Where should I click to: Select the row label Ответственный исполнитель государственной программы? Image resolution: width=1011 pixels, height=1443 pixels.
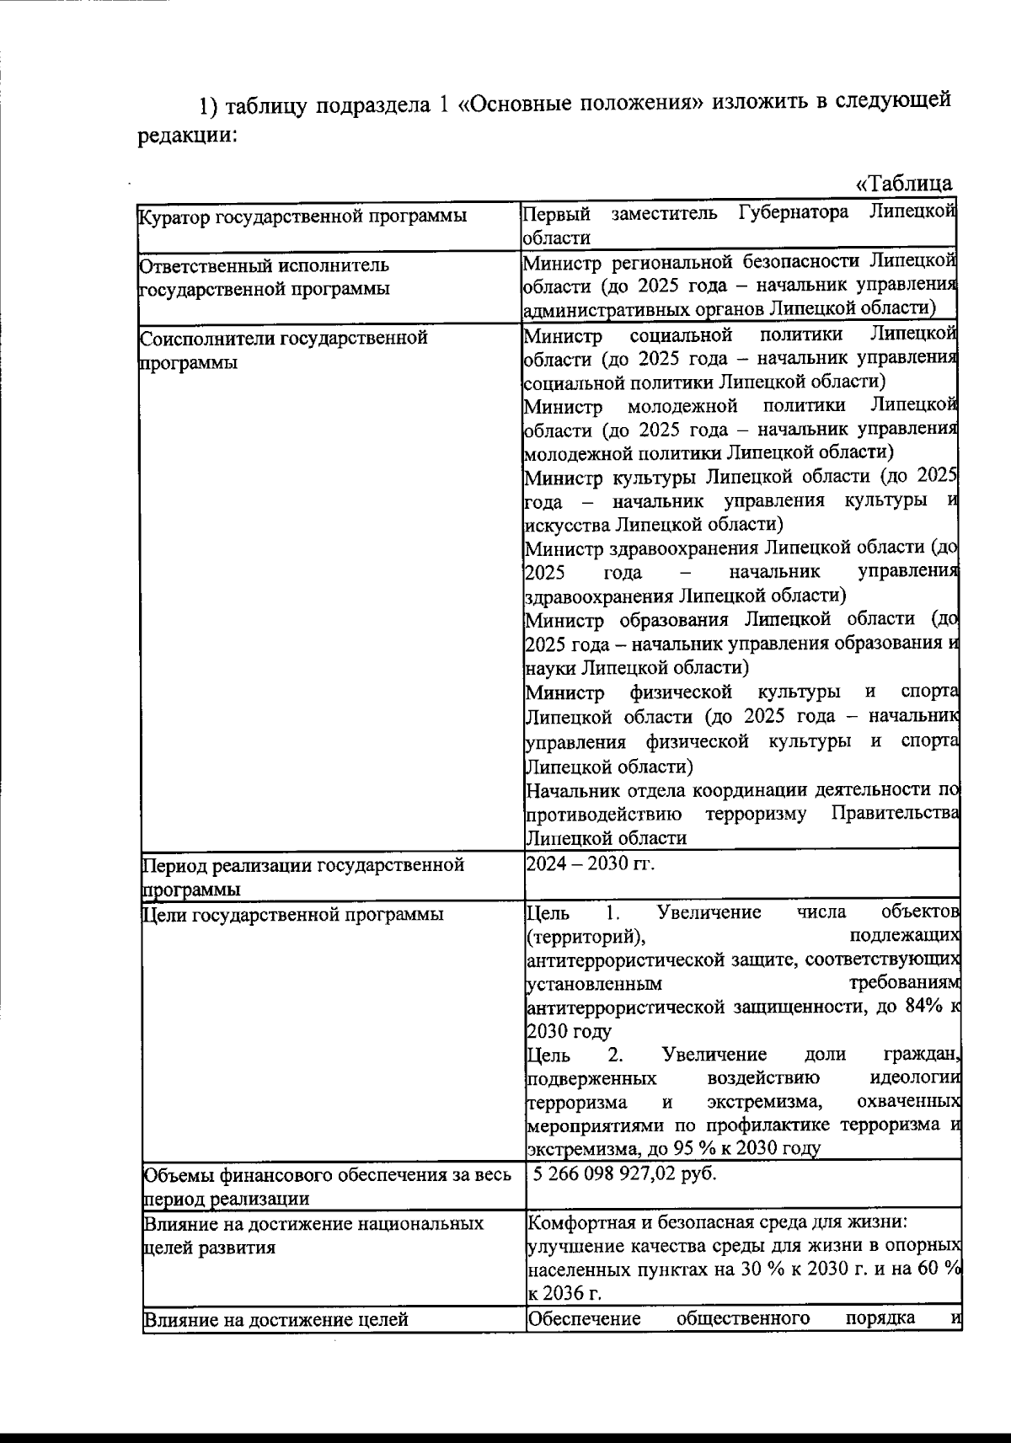pos(265,277)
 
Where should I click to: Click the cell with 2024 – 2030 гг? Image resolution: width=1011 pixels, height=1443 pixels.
pos(589,863)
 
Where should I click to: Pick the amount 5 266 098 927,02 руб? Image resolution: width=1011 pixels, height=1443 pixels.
pos(623,1173)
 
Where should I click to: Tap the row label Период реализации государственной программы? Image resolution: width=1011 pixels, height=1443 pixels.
pos(303,876)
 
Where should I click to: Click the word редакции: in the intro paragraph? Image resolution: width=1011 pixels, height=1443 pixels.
pos(186,136)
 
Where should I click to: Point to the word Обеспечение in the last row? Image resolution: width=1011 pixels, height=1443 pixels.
pos(584,1317)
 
